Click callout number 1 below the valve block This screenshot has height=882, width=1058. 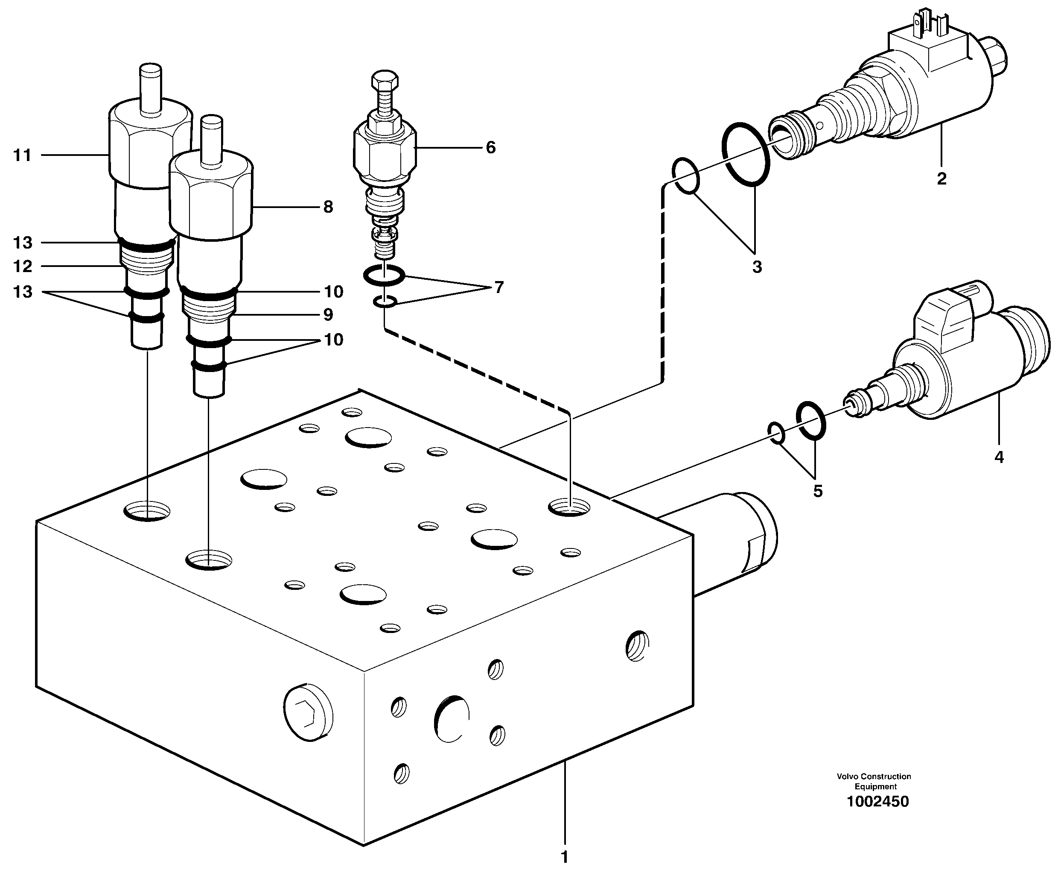click(x=564, y=857)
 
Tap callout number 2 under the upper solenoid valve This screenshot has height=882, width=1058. click(x=941, y=179)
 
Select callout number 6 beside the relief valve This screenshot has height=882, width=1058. click(x=490, y=147)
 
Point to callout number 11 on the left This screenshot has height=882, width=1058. click(x=22, y=155)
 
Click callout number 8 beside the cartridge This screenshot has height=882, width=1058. click(x=328, y=207)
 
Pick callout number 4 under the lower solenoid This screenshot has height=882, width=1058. click(x=999, y=457)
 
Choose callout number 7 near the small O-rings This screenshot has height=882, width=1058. click(x=499, y=287)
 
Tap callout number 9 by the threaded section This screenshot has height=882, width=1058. click(x=328, y=315)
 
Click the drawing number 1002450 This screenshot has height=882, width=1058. click(x=877, y=801)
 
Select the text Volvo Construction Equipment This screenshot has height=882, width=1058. click(x=874, y=781)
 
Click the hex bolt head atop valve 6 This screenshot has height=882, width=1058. click(x=385, y=80)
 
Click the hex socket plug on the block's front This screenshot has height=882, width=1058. click(x=308, y=712)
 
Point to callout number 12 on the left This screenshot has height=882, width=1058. click(x=22, y=266)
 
